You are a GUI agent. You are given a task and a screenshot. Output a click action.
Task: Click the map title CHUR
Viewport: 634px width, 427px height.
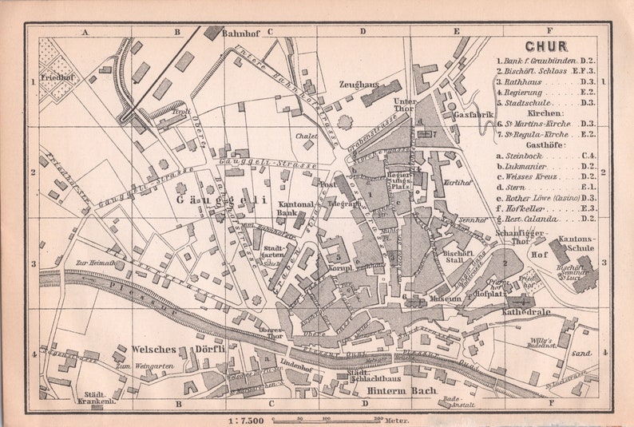(547, 47)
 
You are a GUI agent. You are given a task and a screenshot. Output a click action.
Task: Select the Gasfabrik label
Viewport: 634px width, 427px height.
(472, 116)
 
